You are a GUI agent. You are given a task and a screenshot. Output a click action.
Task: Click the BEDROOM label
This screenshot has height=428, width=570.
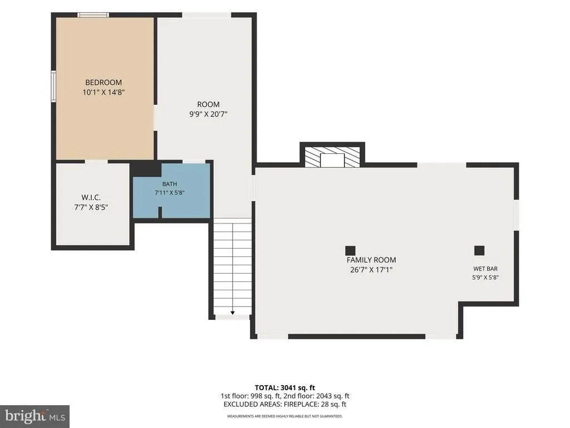[104, 82]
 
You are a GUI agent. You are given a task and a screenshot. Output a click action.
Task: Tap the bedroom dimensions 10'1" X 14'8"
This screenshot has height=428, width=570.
[104, 93]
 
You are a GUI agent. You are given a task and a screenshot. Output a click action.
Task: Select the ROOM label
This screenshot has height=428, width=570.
[208, 104]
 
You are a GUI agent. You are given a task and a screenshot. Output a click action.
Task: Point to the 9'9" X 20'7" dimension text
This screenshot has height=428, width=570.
[208, 114]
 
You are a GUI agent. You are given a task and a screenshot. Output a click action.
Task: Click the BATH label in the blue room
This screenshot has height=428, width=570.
[170, 184]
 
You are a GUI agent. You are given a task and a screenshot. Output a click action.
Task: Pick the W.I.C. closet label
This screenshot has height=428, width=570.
[91, 198]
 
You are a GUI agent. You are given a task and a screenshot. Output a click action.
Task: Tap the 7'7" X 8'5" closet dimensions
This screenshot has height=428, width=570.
[91, 207]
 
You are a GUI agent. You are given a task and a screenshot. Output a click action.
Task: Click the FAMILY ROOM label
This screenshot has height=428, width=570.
[371, 260]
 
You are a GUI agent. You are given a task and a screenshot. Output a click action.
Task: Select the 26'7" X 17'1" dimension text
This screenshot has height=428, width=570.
[371, 270]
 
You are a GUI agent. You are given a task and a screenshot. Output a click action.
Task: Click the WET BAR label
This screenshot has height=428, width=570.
[485, 269]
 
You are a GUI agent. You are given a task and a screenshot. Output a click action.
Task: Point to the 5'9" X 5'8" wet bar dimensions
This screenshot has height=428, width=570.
[485, 278]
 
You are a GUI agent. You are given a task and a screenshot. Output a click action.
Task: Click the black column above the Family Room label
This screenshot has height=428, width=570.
[350, 250]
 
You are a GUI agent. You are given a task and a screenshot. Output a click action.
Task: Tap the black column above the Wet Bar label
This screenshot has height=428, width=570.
[479, 250]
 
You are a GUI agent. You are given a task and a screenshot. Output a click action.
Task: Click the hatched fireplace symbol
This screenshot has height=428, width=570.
[332, 157]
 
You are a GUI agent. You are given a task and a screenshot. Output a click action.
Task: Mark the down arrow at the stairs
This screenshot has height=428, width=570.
[232, 313]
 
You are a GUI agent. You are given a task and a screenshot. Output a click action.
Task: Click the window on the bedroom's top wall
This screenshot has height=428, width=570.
[93, 15]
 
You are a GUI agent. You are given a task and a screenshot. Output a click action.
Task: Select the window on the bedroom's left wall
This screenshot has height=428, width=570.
[53, 85]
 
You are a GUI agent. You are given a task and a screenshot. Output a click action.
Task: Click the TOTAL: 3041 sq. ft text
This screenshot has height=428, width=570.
[284, 388]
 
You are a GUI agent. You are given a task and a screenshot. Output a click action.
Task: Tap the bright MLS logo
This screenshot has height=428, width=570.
[35, 416]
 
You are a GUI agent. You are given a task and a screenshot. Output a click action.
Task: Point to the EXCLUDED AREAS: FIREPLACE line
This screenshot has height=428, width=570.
[284, 405]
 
